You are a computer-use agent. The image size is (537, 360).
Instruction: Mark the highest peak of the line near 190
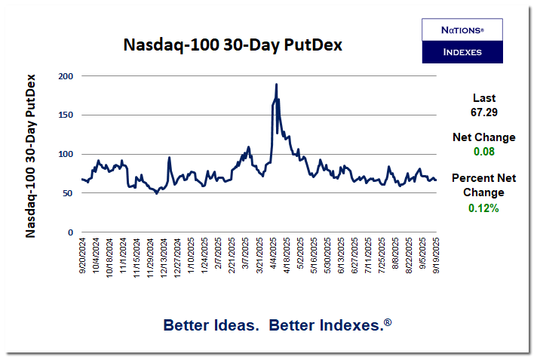(277, 85)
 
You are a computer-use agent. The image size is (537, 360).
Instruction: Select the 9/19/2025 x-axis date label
(436, 257)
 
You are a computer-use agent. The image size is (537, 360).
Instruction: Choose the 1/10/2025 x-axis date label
(191, 257)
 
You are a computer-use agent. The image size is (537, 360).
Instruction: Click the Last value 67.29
(483, 112)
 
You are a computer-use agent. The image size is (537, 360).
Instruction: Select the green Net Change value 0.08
(483, 152)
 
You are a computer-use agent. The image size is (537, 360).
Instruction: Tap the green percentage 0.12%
(483, 208)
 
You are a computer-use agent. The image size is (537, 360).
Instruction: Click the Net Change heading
(483, 137)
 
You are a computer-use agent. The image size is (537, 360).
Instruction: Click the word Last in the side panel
(483, 97)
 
